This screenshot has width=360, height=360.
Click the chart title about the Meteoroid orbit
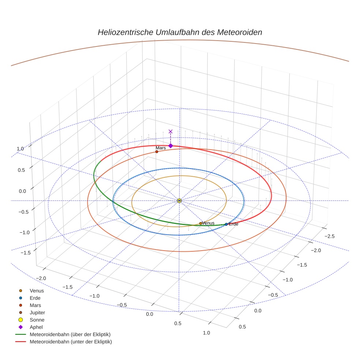tap(180, 32)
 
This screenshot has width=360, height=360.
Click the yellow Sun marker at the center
tap(179, 200)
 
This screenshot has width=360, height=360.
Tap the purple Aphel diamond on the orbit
tap(170, 146)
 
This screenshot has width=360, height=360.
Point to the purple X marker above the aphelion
tap(170, 131)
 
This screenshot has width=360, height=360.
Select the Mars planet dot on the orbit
tap(157, 151)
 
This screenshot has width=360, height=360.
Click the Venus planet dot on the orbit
tap(200, 223)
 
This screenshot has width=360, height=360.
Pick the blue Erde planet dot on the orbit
tap(226, 224)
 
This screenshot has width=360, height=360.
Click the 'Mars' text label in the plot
tap(161, 148)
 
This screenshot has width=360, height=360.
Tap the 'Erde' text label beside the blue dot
tap(233, 224)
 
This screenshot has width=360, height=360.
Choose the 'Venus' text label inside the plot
tap(208, 223)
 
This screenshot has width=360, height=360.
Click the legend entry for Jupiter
tap(37, 312)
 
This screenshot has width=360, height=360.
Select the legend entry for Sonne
tap(37, 320)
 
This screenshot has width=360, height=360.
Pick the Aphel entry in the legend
tap(36, 327)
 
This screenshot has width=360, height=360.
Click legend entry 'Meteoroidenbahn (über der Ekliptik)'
tap(70, 334)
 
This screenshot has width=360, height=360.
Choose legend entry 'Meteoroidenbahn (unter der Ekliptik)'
tap(71, 342)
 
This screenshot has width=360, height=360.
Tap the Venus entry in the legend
tap(37, 290)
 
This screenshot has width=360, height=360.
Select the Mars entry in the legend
tap(35, 305)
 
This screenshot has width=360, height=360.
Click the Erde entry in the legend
tap(35, 298)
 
